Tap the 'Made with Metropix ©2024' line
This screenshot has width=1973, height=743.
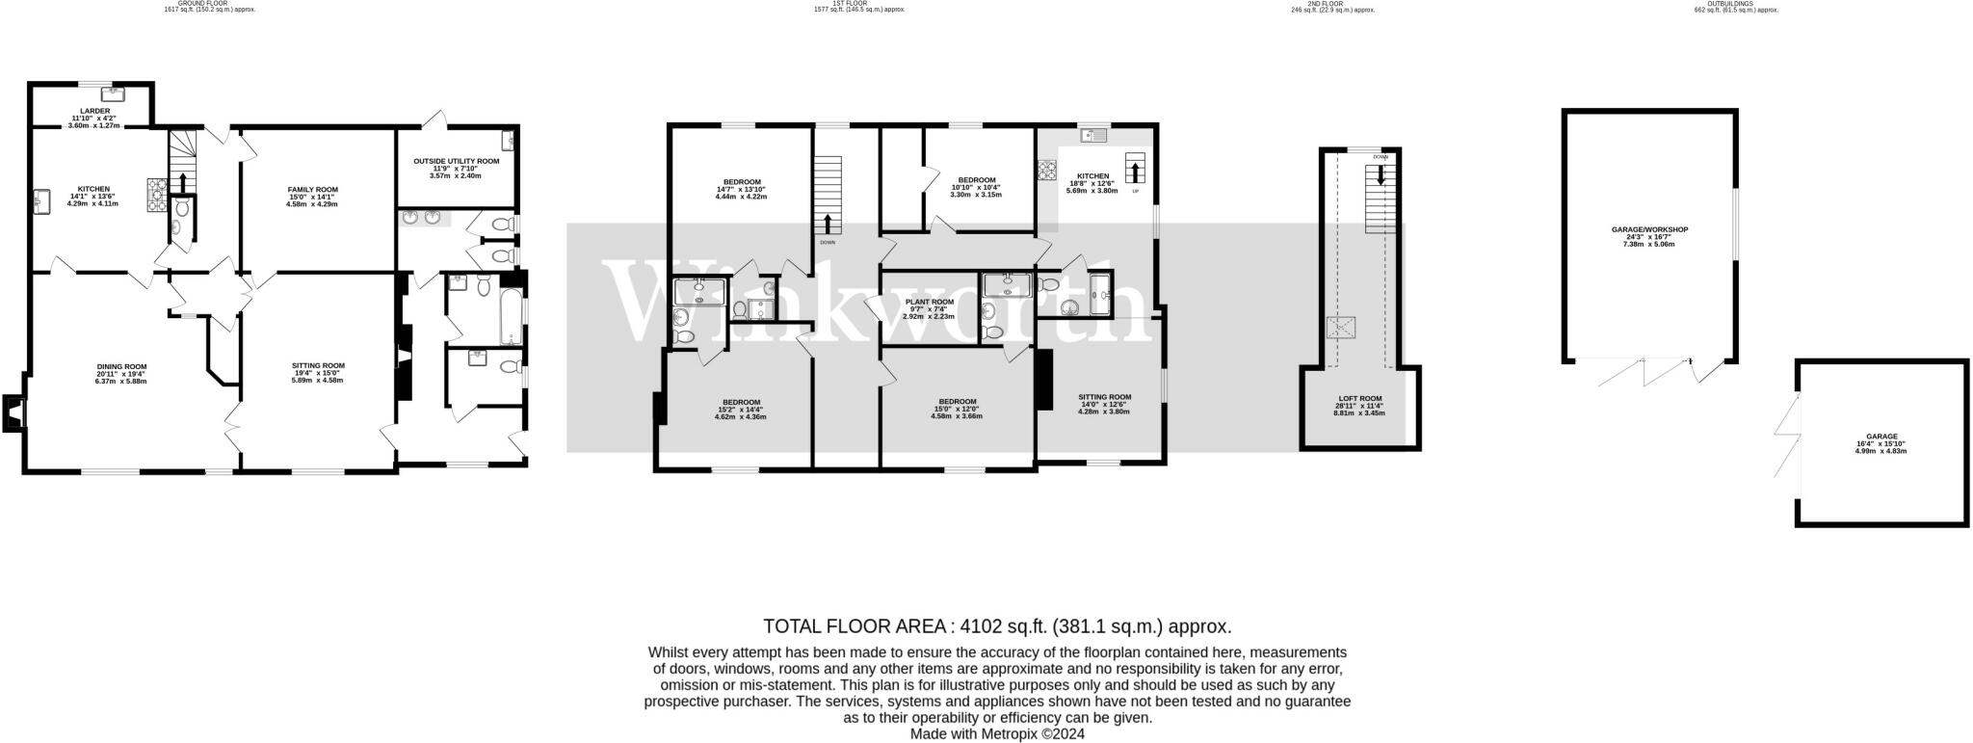point(997,733)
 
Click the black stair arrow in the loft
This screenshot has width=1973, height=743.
point(1381,175)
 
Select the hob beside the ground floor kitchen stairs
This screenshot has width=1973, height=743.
point(157,195)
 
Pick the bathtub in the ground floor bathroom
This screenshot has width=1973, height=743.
point(510,309)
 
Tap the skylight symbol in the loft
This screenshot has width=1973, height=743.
point(1339,328)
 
